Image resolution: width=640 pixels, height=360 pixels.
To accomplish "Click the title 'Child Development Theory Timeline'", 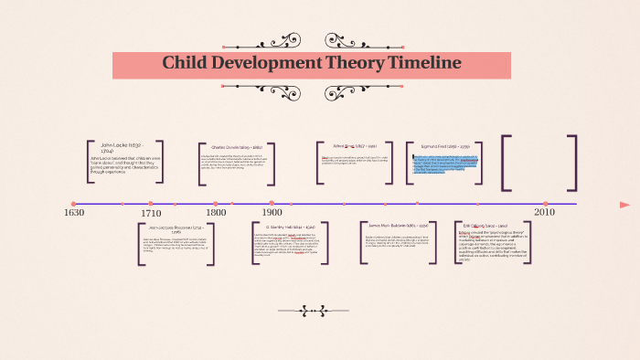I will pyautogui.click(x=312, y=63).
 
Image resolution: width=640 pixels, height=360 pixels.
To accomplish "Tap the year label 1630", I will pyautogui.click(x=74, y=213).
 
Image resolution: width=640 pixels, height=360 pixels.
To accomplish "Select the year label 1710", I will pyautogui.click(x=151, y=213).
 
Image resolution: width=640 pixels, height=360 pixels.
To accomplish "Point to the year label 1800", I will pyautogui.click(x=216, y=213).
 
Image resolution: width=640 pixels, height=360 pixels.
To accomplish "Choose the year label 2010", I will pyautogui.click(x=545, y=213).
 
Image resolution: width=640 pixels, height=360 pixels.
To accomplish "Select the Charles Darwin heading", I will pyautogui.click(x=237, y=147).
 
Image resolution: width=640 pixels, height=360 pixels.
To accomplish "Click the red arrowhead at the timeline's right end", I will pyautogui.click(x=624, y=204).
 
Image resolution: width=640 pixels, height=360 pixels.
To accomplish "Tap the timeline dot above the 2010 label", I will pyautogui.click(x=545, y=204).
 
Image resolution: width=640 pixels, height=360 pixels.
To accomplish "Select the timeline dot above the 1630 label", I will pyautogui.click(x=74, y=204).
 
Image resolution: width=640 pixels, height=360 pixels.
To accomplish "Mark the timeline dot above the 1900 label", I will pyautogui.click(x=272, y=204).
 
